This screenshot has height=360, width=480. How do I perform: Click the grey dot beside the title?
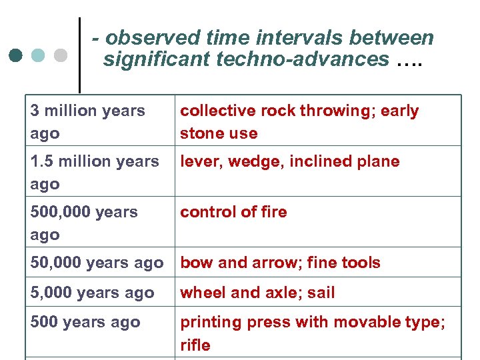(61, 55)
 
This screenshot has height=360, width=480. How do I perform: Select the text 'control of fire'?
(233, 212)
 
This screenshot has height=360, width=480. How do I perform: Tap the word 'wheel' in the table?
(200, 293)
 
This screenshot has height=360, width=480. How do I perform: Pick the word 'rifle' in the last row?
(195, 345)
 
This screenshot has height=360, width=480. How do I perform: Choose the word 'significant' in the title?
(157, 59)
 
